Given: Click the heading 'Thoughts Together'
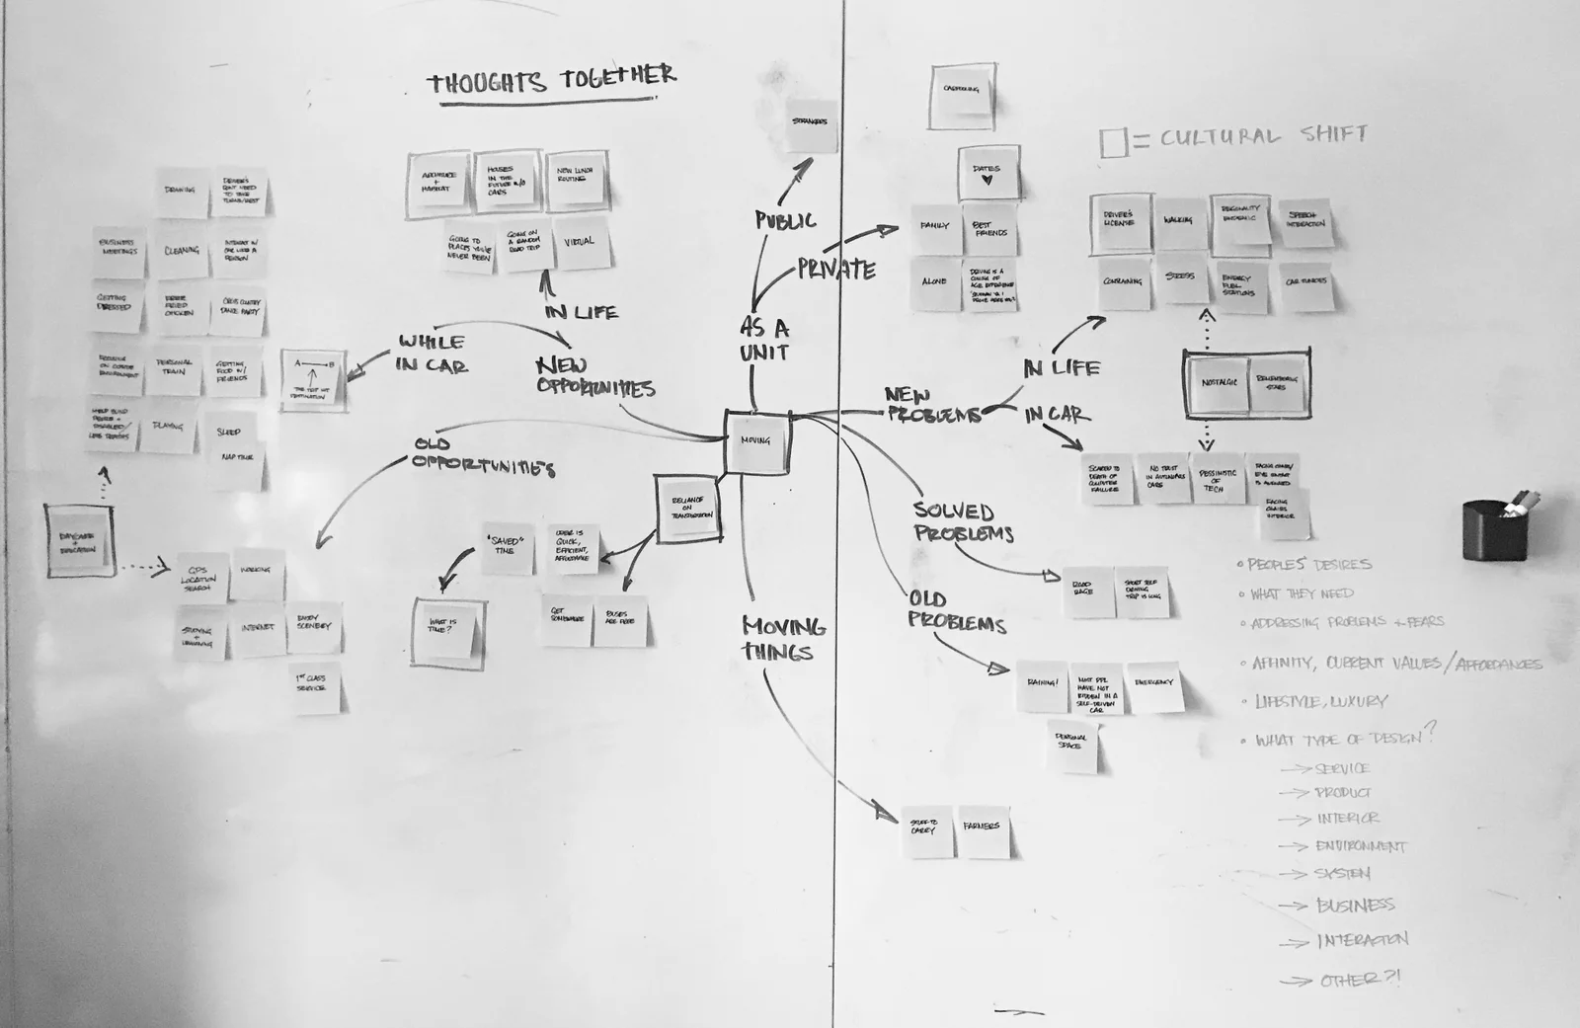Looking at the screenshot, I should (x=552, y=80).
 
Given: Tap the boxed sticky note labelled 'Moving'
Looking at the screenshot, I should (x=757, y=441).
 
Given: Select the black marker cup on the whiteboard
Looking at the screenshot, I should (x=1495, y=529).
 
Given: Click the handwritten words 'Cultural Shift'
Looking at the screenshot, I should (x=1264, y=135).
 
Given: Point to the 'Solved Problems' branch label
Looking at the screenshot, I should (x=963, y=521).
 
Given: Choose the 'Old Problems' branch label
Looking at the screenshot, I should (x=956, y=611).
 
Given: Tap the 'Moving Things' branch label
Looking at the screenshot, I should (x=783, y=638).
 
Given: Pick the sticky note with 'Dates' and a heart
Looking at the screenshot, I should (x=987, y=175).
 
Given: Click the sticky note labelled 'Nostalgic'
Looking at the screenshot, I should (x=1219, y=383).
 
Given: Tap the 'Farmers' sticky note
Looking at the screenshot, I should (x=983, y=828).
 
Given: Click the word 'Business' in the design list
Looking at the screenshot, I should (x=1354, y=905).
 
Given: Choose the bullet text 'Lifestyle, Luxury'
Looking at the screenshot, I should (x=1320, y=701).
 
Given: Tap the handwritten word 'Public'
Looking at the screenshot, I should (x=786, y=220).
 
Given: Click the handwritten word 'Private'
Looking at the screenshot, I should (x=836, y=270).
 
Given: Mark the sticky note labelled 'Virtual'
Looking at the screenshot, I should (x=581, y=244).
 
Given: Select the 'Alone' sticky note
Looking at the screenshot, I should (x=934, y=283).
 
